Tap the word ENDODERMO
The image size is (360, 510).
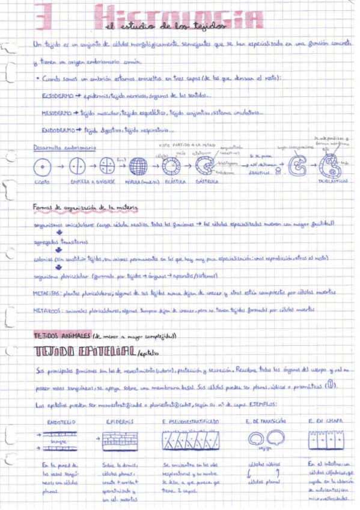click(x=58, y=129)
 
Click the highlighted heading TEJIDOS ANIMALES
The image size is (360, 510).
click(x=63, y=334)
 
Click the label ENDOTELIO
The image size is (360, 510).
click(x=63, y=422)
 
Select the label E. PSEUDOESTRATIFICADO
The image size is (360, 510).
click(x=191, y=422)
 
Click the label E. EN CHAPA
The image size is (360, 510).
click(x=325, y=422)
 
